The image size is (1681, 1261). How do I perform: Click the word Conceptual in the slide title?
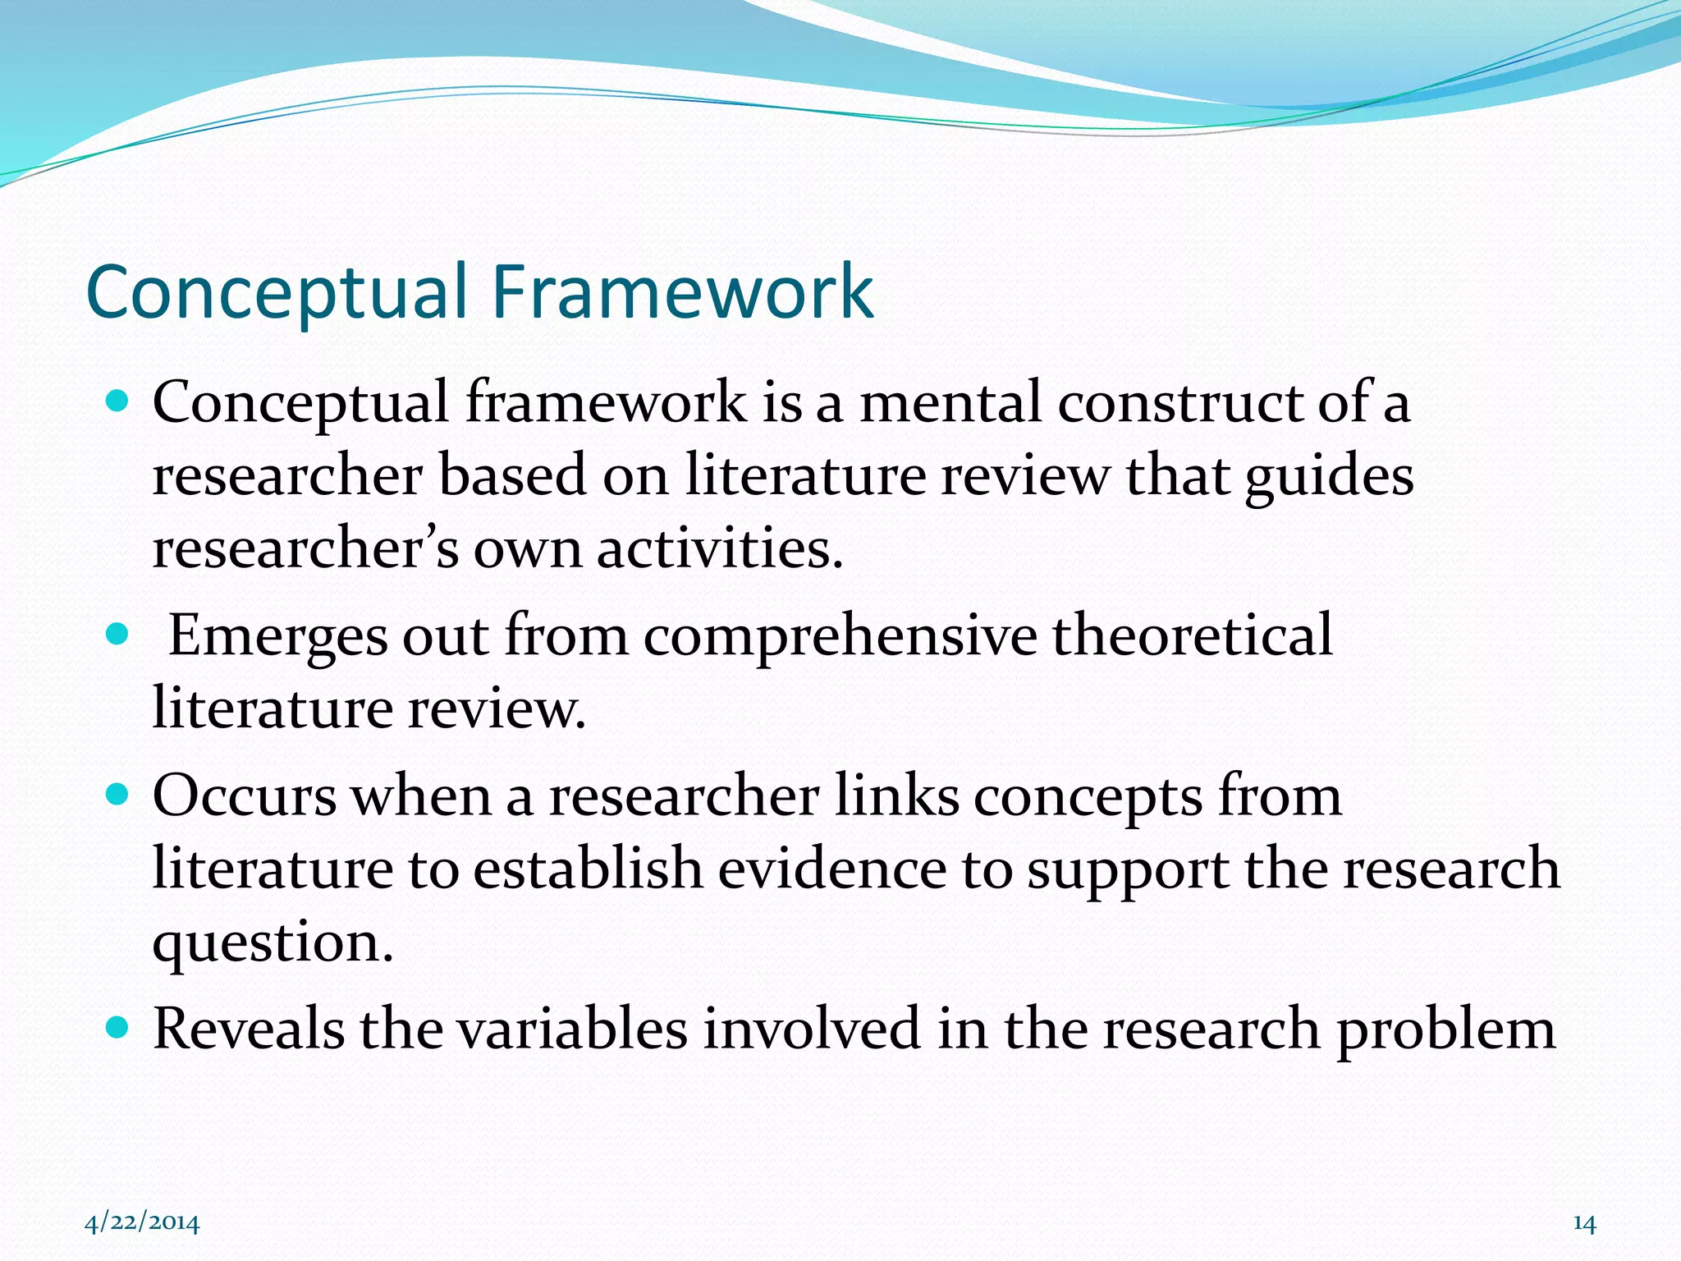(x=277, y=294)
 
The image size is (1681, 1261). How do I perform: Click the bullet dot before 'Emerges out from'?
(x=118, y=635)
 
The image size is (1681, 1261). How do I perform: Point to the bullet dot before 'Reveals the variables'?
(x=118, y=1027)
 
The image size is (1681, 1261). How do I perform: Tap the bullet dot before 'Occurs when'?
(x=118, y=795)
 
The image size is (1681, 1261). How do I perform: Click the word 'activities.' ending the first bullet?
(x=720, y=548)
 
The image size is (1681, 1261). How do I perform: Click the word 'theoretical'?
(x=1193, y=635)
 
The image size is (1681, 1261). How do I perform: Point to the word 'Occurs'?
(x=245, y=796)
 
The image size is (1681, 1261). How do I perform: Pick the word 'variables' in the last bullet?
(x=572, y=1028)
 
